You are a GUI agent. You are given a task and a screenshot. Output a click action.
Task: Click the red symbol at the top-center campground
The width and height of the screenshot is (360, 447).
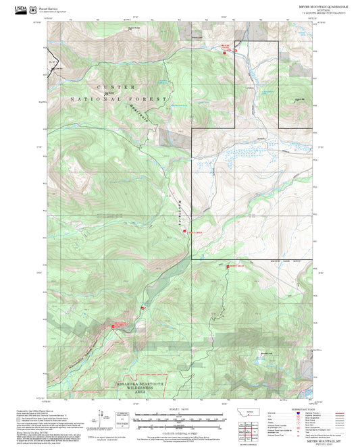point(226,47)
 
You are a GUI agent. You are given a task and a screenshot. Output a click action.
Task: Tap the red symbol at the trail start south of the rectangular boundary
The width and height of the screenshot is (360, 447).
point(228,267)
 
